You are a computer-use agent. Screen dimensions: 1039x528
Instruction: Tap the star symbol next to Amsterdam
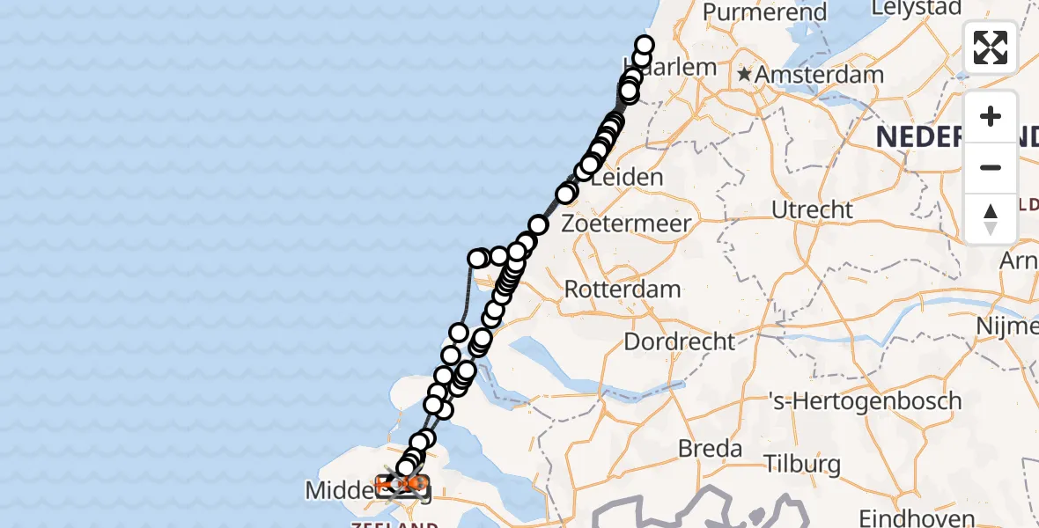click(x=745, y=75)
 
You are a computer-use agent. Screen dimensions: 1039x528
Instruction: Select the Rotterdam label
click(x=623, y=289)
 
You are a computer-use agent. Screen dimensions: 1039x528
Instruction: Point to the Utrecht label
click(x=812, y=210)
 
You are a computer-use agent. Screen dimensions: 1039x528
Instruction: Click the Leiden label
click(x=627, y=177)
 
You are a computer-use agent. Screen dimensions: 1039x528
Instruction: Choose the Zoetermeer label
click(x=627, y=224)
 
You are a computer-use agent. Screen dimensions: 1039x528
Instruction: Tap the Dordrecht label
click(x=679, y=341)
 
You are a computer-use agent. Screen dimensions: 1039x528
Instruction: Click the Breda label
click(x=710, y=449)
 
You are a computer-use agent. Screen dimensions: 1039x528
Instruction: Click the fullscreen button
click(x=991, y=48)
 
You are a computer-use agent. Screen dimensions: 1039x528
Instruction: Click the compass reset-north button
click(x=991, y=218)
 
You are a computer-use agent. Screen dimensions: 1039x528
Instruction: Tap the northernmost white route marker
click(x=645, y=46)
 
